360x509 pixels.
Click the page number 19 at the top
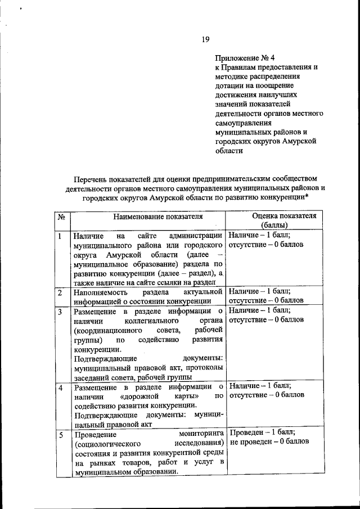click(x=205, y=39)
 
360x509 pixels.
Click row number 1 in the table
click(x=60, y=236)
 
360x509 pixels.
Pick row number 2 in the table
click(x=60, y=292)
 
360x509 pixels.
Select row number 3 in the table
click(x=60, y=311)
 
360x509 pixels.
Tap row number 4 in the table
click(x=60, y=388)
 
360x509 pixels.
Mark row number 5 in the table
click(x=60, y=434)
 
